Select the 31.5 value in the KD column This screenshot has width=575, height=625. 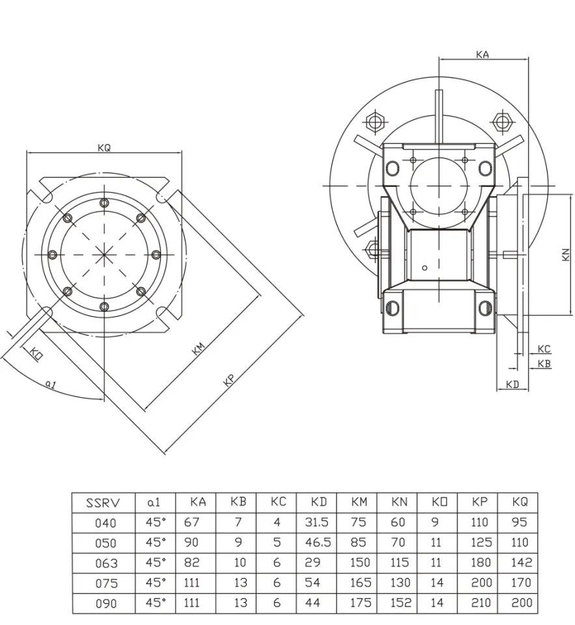coord(316,523)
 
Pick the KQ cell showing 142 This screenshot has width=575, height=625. coord(522,563)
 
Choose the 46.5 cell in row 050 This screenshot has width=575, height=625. coord(317,543)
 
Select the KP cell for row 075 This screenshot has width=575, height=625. coord(480,583)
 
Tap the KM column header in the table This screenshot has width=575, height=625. coord(359,503)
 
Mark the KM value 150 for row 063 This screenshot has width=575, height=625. coord(359,563)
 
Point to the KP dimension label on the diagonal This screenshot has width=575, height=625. coord(229,381)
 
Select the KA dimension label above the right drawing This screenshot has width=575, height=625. coord(483,55)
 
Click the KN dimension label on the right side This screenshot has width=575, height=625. coord(565,254)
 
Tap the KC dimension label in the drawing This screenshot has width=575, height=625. coord(544,350)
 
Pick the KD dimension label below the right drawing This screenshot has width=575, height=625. coord(512,385)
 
